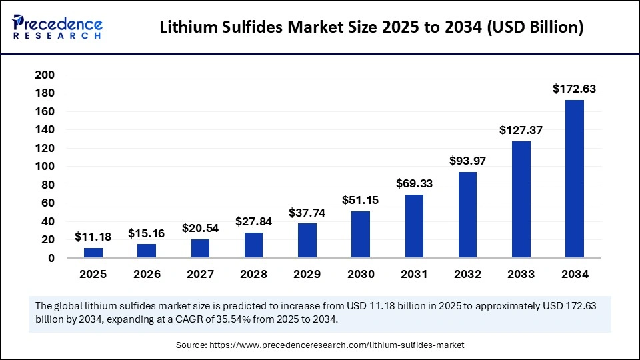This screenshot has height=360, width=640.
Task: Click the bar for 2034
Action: [x=574, y=179]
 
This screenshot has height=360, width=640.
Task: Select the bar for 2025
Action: [x=93, y=253]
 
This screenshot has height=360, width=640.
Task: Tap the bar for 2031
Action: [x=414, y=226]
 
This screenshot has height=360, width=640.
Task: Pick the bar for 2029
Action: [x=307, y=241]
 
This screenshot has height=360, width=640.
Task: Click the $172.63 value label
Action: [x=574, y=89]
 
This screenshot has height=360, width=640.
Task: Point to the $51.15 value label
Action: [x=361, y=199]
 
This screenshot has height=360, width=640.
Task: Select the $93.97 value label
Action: [x=467, y=160]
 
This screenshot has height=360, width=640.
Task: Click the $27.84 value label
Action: [x=253, y=221]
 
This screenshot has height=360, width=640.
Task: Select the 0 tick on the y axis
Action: [x=50, y=258]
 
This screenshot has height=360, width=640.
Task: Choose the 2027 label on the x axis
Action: [x=200, y=274]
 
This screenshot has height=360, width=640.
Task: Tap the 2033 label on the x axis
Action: [x=521, y=274]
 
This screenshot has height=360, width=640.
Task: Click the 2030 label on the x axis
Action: [x=361, y=274]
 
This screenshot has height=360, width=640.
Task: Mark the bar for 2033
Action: [x=521, y=199]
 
